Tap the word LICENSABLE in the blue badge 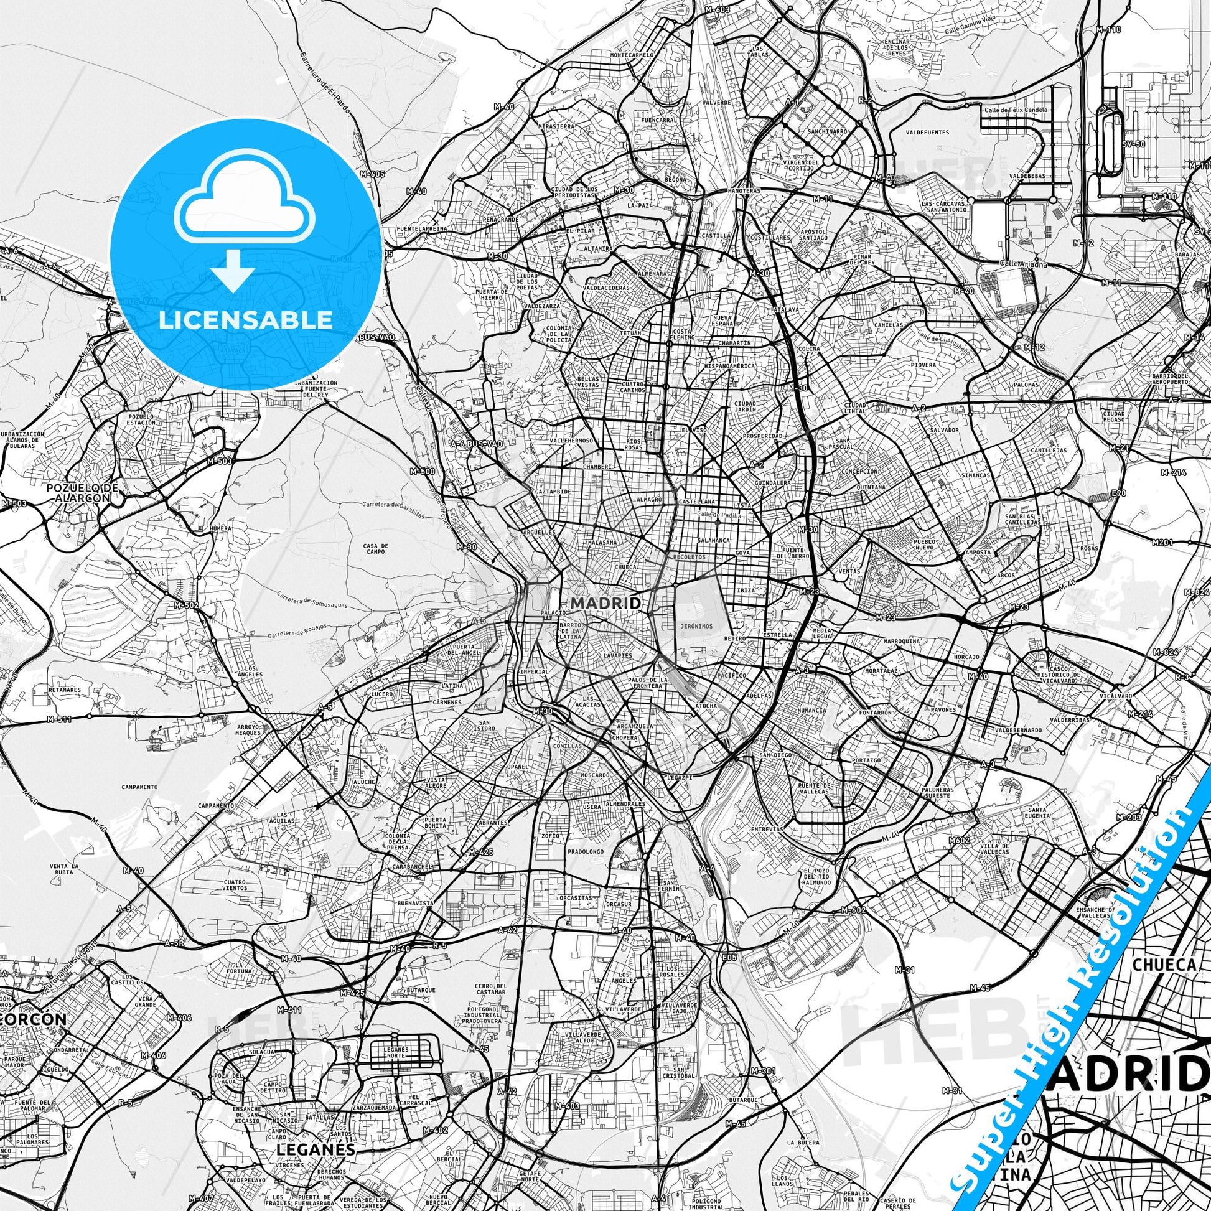click(245, 319)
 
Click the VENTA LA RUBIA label click(65, 869)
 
